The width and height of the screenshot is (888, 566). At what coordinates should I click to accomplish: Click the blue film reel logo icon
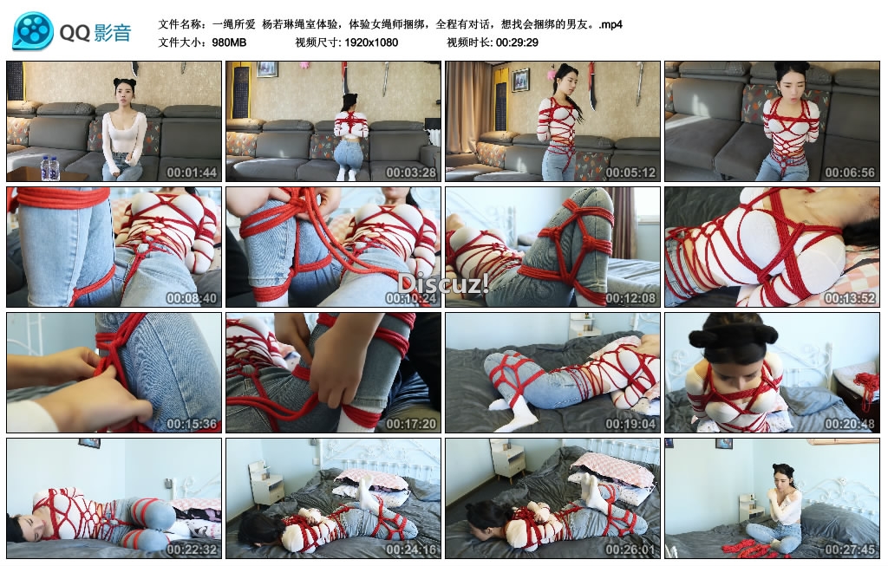click(x=34, y=32)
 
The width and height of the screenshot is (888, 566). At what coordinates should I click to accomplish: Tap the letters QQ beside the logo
click(x=75, y=33)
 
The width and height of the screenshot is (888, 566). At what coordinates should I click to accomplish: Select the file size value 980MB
click(x=229, y=42)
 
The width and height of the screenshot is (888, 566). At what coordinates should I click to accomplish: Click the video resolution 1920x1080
click(x=371, y=42)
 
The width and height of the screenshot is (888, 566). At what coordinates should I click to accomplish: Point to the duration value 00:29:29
click(x=517, y=42)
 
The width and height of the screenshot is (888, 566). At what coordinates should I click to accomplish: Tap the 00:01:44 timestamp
click(x=192, y=172)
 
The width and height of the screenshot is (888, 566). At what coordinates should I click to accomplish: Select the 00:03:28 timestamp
click(x=411, y=172)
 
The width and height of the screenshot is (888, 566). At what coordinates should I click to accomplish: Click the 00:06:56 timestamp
click(x=850, y=172)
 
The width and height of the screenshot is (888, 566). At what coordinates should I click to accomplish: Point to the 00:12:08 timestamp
click(x=630, y=297)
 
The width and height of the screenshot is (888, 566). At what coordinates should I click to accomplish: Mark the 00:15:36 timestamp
click(x=192, y=423)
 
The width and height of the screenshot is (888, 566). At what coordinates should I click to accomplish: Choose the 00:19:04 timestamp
click(x=630, y=423)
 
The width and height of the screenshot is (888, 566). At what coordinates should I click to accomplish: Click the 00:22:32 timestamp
click(x=192, y=549)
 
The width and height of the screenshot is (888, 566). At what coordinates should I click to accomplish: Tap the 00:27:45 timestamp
click(x=850, y=549)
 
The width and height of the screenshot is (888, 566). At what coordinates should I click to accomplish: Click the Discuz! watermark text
click(x=443, y=283)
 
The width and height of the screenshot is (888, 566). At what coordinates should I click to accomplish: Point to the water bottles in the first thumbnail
click(x=49, y=168)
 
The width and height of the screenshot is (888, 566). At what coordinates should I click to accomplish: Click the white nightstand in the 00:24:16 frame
click(x=265, y=484)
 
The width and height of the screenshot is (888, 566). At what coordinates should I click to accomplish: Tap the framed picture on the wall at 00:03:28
click(x=266, y=69)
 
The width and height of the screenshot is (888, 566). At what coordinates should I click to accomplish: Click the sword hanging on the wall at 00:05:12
click(x=592, y=86)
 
